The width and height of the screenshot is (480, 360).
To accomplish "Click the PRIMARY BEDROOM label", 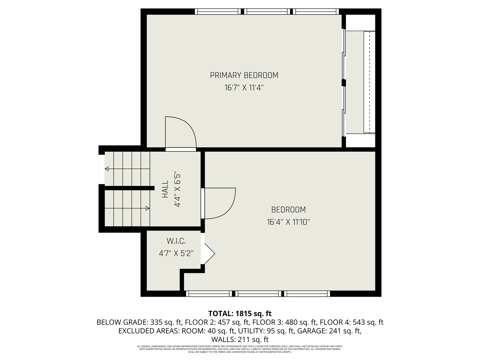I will tap(244, 75).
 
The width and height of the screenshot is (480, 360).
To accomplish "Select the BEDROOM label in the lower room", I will tap(288, 210).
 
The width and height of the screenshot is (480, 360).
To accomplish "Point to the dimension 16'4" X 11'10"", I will tap(288, 222).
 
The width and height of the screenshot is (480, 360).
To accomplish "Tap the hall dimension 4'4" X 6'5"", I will tap(177, 190).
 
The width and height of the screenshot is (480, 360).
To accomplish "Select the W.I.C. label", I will tap(176, 241).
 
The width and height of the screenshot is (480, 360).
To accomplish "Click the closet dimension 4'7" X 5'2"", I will tap(176, 253).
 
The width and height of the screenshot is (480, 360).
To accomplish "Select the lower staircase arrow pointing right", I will tap(147, 208).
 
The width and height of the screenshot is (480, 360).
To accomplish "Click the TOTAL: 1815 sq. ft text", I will tap(240, 314).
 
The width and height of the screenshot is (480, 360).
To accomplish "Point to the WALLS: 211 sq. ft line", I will tap(240, 340).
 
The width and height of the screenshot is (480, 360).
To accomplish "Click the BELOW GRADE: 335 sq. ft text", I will tap(139, 322).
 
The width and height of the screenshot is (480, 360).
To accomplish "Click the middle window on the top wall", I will tap(267, 12).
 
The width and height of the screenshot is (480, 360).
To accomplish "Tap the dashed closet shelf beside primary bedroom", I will tap(369, 82).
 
